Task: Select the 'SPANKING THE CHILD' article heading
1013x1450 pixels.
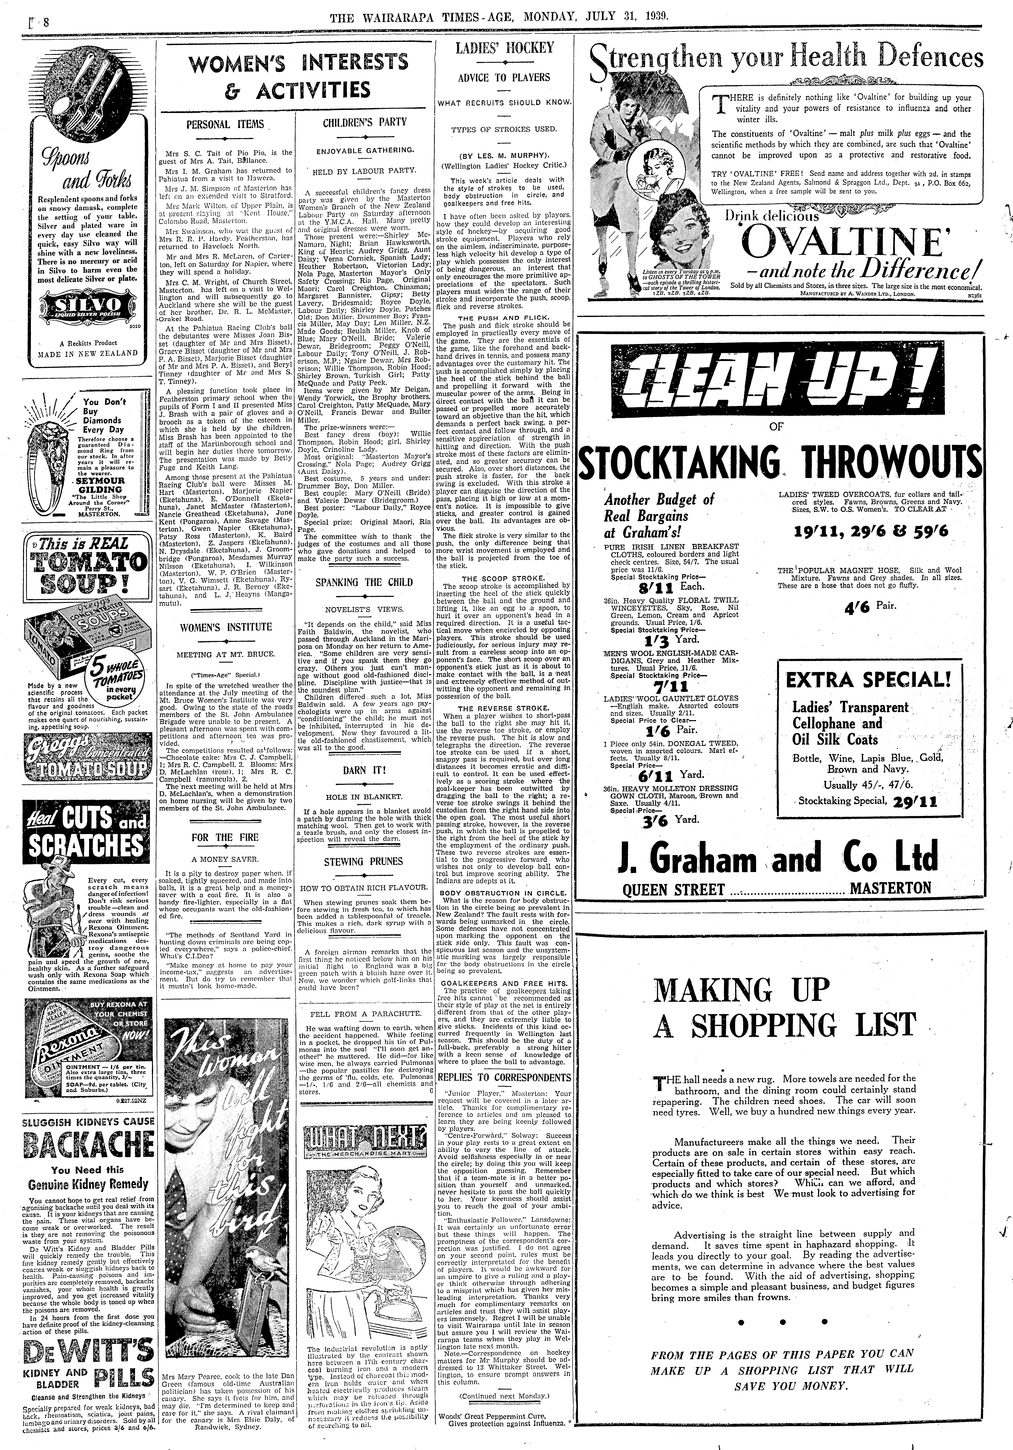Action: click(364, 582)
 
